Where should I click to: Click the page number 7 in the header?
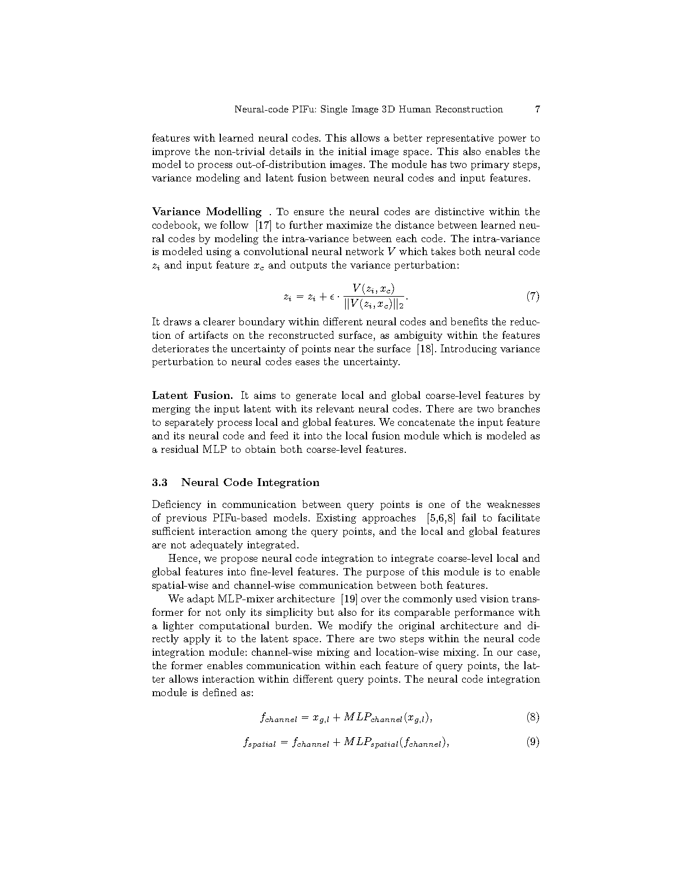[x=537, y=109]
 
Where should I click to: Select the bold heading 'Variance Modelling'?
[x=206, y=212]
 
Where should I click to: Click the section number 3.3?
[x=160, y=482]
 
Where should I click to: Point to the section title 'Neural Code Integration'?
[x=250, y=482]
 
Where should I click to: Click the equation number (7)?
[x=533, y=297]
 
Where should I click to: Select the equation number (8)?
[x=533, y=717]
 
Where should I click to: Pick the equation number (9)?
[x=533, y=742]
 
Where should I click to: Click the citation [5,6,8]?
[x=441, y=518]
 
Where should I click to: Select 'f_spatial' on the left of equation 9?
[x=259, y=743]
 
